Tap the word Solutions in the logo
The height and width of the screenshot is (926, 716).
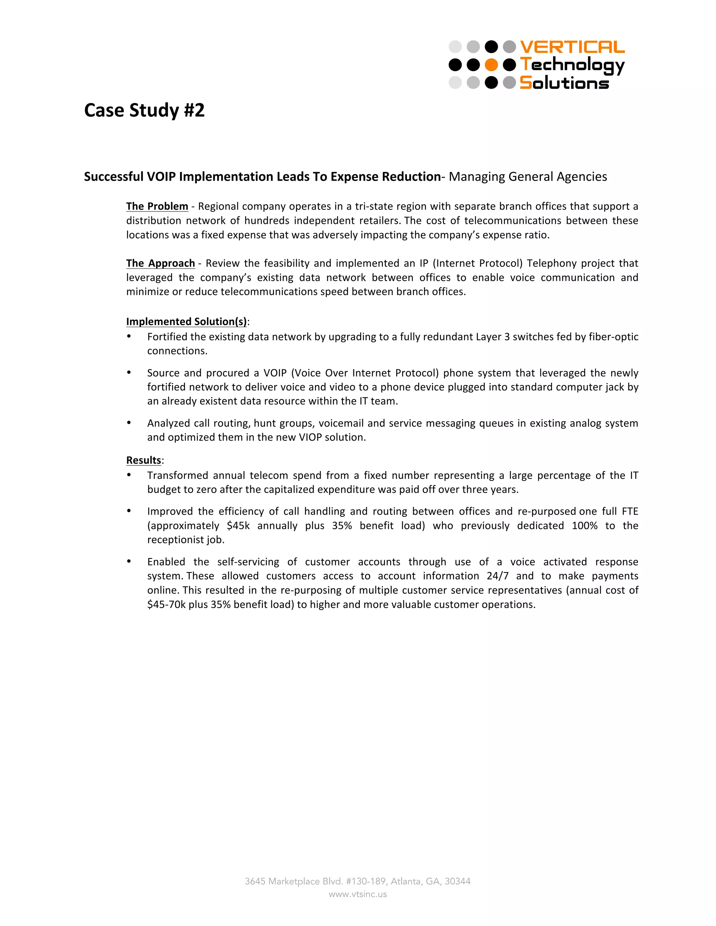564,83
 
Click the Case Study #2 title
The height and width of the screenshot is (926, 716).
144,110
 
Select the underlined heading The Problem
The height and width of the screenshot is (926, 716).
157,207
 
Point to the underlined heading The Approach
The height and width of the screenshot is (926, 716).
160,263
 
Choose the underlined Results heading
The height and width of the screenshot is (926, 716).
143,460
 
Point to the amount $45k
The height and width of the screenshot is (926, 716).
238,526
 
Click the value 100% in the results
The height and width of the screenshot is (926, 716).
584,526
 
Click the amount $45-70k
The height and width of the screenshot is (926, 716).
166,604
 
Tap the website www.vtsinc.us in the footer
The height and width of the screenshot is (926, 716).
358,894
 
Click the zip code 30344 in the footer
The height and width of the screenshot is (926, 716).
457,882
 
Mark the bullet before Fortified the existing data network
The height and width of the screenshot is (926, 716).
129,336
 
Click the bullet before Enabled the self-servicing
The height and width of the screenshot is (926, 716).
129,562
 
